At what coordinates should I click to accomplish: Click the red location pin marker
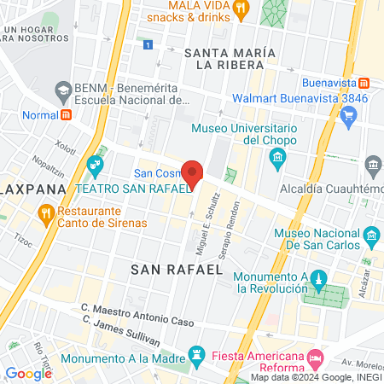coord(193,174)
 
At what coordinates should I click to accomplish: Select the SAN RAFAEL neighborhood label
coord(177,269)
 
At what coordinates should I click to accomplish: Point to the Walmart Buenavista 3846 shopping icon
coord(347,120)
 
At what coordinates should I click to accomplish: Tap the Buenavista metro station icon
coord(364,83)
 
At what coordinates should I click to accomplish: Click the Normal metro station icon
coord(66,115)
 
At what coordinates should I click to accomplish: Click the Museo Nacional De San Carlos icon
coord(370,235)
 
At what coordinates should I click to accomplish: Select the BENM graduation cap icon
coord(62,89)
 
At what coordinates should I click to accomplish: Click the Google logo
coord(28,373)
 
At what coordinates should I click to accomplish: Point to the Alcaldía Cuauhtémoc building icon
coord(371,164)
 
